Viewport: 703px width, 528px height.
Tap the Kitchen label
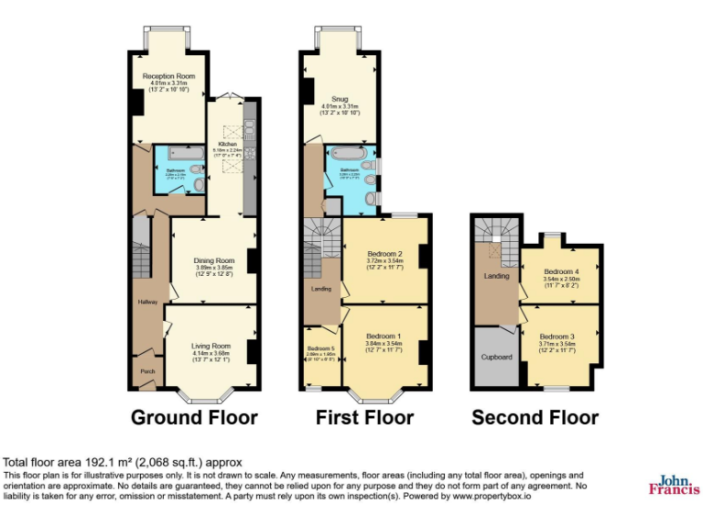(x=225, y=144)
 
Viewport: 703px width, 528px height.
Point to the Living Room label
(x=208, y=346)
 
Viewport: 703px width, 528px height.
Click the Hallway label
(x=148, y=302)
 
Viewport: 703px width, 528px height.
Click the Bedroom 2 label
(x=385, y=254)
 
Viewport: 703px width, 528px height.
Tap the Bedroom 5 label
(x=320, y=349)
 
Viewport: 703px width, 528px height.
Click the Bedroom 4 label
(x=561, y=272)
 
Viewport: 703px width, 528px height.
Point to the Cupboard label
(x=496, y=358)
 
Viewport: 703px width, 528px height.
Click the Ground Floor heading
(x=194, y=418)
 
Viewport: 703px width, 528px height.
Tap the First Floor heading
(x=364, y=418)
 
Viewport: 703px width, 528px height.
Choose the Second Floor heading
(x=535, y=418)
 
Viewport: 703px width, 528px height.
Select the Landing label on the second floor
(x=496, y=276)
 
